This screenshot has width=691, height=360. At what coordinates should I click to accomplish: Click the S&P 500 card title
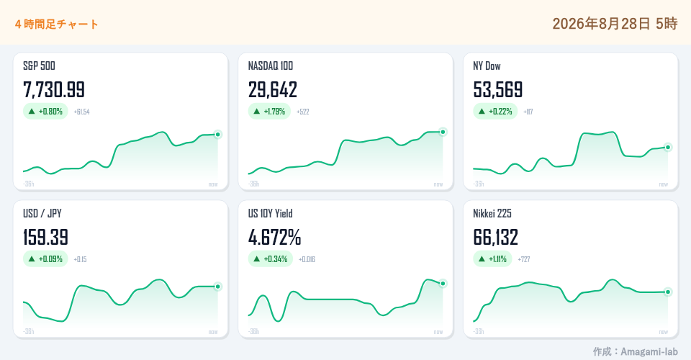(x=39, y=66)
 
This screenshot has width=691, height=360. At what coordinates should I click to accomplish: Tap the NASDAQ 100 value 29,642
(x=273, y=90)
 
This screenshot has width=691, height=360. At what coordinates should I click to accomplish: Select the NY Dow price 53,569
(x=498, y=90)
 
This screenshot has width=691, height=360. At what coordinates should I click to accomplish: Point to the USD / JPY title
(x=42, y=214)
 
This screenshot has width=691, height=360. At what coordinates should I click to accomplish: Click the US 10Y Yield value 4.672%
(x=274, y=238)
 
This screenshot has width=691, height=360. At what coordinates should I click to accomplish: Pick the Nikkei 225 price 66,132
(x=496, y=238)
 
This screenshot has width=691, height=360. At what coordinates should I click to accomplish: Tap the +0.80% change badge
(x=46, y=112)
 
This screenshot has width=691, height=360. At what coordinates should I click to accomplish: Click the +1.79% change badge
(x=269, y=112)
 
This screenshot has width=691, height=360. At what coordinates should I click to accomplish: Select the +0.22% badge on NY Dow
(x=495, y=112)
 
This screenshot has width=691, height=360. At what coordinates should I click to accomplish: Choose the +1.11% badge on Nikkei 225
(x=492, y=259)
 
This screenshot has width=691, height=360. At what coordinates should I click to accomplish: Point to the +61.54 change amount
(x=81, y=112)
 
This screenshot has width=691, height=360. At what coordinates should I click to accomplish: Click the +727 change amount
(x=524, y=259)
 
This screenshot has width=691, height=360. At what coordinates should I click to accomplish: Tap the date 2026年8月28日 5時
(x=615, y=23)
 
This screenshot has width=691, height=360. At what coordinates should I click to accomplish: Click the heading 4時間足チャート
(x=56, y=24)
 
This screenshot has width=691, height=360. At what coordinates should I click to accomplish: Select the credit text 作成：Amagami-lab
(x=635, y=351)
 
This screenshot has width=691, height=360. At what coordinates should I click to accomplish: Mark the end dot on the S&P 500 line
(x=217, y=135)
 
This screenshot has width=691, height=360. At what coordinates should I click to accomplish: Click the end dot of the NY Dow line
(x=668, y=147)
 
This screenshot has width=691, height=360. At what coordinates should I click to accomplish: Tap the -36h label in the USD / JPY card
(x=29, y=332)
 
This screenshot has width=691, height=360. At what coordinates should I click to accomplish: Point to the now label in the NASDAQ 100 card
(x=438, y=184)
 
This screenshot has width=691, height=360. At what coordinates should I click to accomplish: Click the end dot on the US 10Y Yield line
(x=443, y=284)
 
